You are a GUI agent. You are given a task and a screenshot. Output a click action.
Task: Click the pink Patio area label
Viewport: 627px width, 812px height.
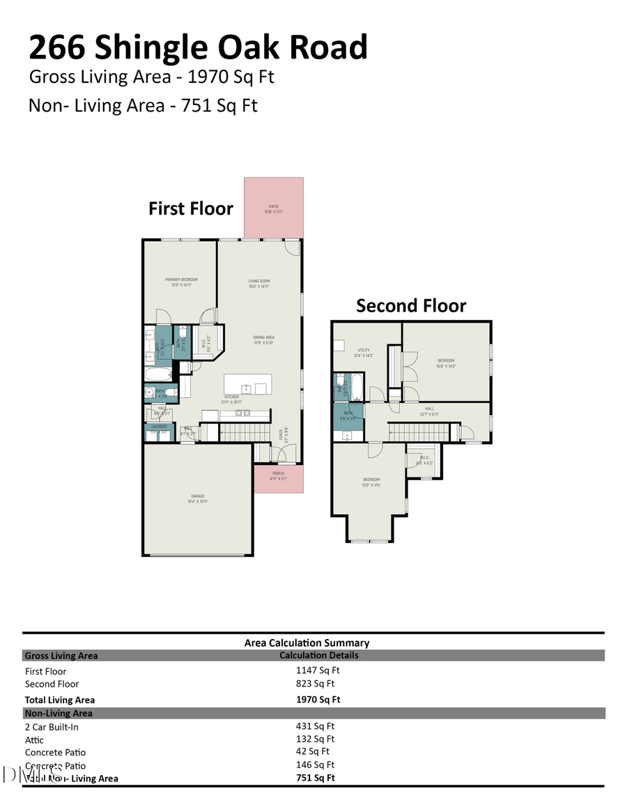point(274,208)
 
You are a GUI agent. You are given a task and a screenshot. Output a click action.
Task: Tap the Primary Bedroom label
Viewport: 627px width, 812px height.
point(181,282)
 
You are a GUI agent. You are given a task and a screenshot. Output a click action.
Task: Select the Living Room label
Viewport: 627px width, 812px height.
point(259,284)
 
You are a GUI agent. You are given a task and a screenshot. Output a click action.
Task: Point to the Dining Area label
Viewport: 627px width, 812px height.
point(263,339)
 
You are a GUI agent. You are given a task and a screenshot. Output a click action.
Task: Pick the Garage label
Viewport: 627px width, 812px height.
point(198,498)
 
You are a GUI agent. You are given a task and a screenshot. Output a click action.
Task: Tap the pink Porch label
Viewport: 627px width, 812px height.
point(278,476)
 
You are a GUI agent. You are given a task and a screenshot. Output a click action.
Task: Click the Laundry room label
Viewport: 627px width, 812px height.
point(158,429)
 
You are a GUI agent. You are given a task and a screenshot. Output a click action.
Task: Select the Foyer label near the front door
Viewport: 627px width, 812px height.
point(282,436)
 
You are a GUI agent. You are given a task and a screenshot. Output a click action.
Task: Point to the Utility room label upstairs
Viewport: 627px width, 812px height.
point(363,353)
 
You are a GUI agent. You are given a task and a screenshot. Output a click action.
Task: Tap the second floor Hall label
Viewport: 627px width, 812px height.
point(429,411)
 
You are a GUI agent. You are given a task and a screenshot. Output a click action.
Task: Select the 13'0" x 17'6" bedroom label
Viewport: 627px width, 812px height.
point(371,482)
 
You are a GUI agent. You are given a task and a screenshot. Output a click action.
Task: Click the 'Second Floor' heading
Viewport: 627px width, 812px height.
point(411,305)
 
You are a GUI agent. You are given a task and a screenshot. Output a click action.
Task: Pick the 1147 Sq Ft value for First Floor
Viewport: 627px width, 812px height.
point(317,671)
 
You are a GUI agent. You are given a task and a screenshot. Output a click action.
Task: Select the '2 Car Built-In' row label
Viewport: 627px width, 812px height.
point(52,727)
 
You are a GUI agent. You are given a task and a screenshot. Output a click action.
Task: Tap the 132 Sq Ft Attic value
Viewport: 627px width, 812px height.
point(315,739)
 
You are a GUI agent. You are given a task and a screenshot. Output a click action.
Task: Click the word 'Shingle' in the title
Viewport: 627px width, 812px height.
point(150,47)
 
